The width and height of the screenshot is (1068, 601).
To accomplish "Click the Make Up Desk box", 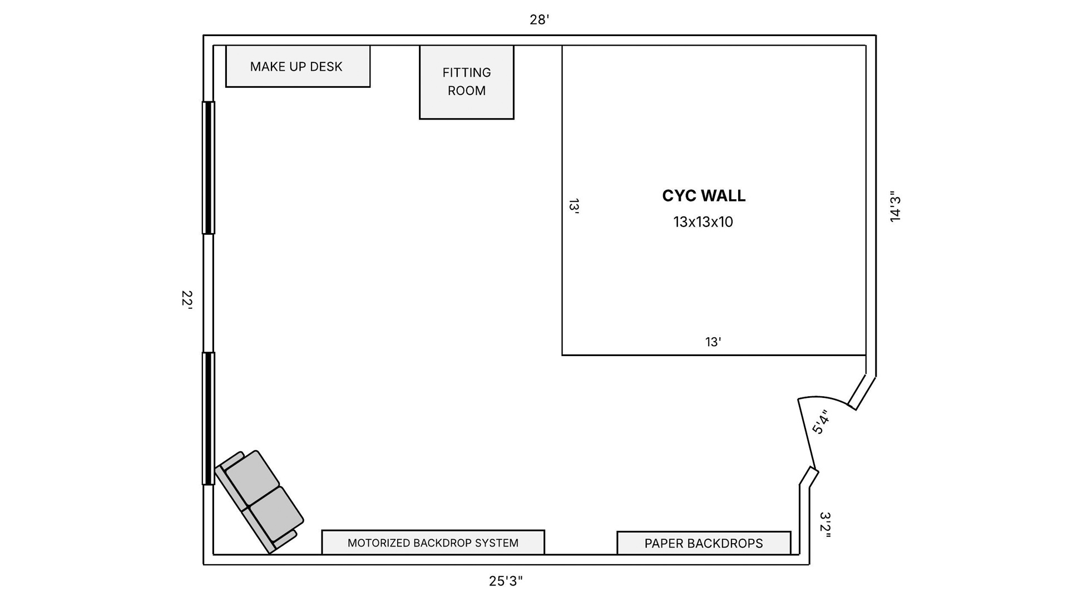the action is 298,66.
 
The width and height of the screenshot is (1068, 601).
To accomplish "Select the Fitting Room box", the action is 466,82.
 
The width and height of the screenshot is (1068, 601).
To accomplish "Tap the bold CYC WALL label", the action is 704,196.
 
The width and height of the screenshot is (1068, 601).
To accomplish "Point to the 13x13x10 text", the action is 703,222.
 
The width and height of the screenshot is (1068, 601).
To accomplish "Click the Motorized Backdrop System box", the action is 433,542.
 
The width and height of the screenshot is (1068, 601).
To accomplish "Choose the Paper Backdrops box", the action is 704,543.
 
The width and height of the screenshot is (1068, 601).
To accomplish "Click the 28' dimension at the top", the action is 539,20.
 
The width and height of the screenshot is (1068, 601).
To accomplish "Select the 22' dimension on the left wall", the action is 187,299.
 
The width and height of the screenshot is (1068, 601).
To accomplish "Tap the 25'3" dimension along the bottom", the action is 506,581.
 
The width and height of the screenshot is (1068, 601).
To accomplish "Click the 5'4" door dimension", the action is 820,422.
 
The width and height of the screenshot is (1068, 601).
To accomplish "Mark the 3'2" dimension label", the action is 825,525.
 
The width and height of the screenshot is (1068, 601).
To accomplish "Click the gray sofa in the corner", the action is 259,501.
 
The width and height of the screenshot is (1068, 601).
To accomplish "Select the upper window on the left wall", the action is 208,168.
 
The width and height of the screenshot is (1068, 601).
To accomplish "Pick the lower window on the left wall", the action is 208,418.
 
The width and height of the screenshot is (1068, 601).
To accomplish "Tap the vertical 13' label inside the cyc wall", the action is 574,206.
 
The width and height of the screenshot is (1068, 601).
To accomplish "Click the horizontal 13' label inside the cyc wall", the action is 713,342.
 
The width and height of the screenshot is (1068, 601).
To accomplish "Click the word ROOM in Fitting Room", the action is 466,91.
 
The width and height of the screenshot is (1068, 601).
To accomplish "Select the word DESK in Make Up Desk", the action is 326,67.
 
